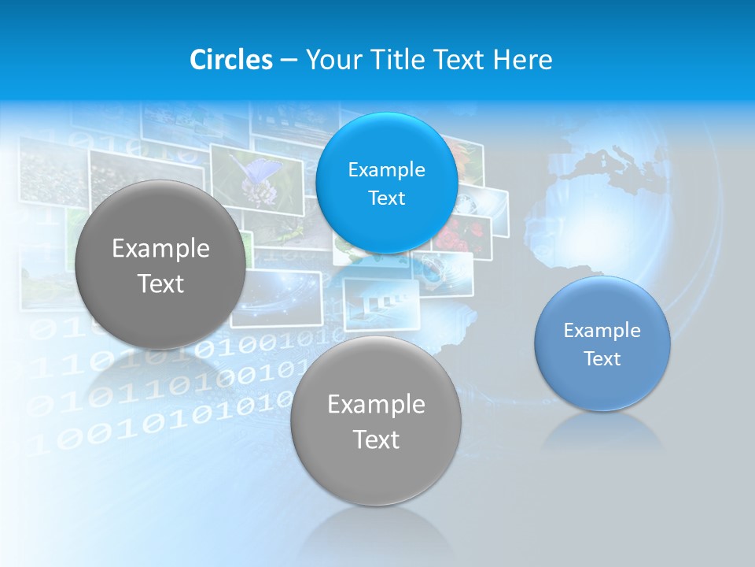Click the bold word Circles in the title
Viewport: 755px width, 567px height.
pos(231,60)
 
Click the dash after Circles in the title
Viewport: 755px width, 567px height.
pos(289,61)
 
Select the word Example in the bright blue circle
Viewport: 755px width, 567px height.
pos(386,169)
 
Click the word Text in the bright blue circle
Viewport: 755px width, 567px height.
pos(386,198)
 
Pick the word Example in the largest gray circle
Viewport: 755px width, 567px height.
pos(160,249)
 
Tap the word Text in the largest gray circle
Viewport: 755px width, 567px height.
pos(160,283)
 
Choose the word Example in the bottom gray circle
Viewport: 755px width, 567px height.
pos(376,405)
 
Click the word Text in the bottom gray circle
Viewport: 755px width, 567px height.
pos(376,439)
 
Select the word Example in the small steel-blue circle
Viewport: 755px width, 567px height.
pos(602,331)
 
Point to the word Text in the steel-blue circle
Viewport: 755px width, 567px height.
pos(602,359)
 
